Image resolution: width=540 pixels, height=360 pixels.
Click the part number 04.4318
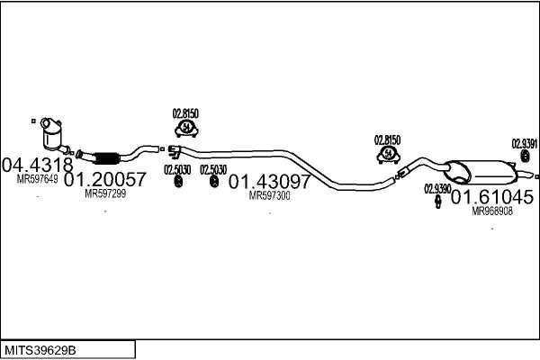coord(38,165)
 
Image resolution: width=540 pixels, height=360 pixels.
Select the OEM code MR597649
coord(37,179)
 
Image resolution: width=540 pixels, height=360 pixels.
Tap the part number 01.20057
coord(105,179)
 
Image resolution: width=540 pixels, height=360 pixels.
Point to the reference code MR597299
coord(105,193)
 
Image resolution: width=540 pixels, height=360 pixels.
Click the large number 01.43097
coord(270,182)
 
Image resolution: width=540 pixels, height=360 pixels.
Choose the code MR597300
coord(270,195)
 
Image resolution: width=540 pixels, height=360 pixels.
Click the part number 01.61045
coord(492,197)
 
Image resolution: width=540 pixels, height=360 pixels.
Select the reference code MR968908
coord(492,211)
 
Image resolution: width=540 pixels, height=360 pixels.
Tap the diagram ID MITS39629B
coord(40,350)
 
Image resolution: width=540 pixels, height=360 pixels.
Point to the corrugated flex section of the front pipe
coord(107,157)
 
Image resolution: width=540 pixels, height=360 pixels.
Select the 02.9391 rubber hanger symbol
coord(525,156)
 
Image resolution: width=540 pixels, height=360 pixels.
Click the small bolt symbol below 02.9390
coord(438,202)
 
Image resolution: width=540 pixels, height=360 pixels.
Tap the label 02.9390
coord(437,189)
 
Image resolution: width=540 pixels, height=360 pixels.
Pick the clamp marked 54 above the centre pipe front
coord(186,129)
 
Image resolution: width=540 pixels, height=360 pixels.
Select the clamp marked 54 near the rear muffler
coord(389,155)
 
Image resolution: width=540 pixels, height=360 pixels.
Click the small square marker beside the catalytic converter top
coord(33,121)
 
